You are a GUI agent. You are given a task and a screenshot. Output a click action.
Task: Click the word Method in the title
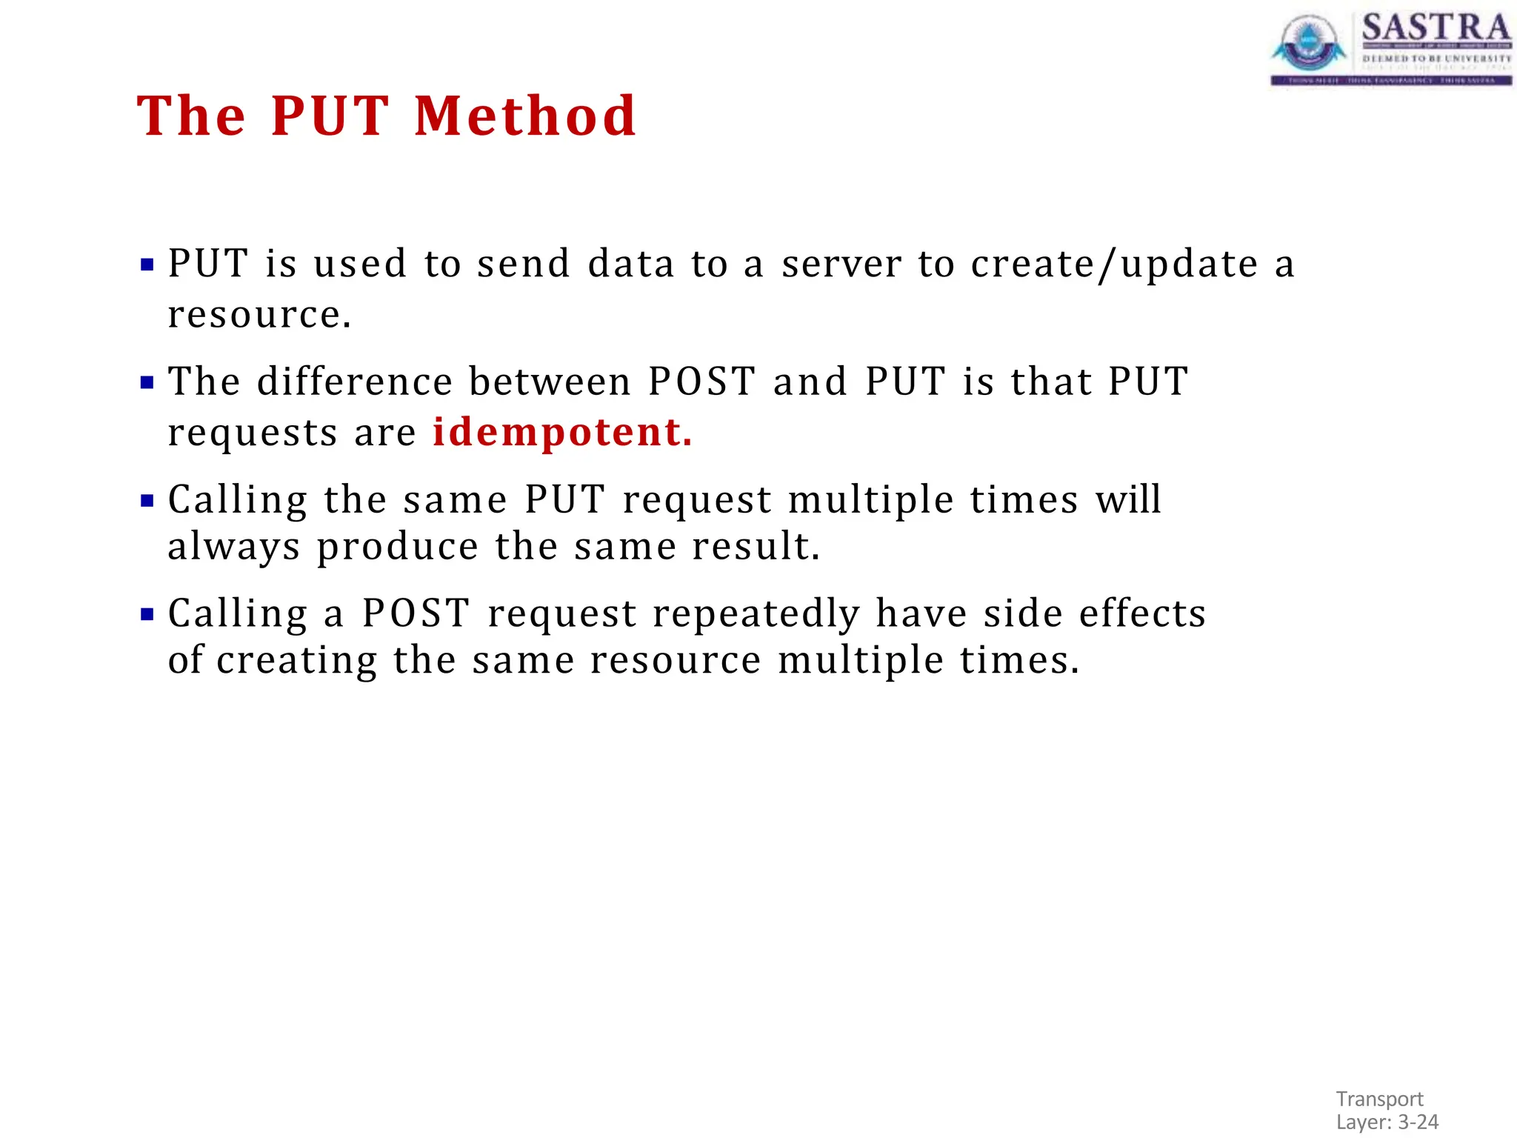pyautogui.click(x=524, y=116)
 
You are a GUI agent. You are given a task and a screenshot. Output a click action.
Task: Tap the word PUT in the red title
pyautogui.click(x=329, y=116)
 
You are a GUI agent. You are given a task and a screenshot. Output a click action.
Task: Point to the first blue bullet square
pyautogui.click(x=147, y=264)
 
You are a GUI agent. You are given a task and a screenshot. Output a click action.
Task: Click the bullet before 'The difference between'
pyautogui.click(x=147, y=383)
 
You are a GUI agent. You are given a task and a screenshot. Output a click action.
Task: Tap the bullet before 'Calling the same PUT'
pyautogui.click(x=147, y=501)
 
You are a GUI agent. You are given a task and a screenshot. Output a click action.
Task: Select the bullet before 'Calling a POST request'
pyautogui.click(x=147, y=614)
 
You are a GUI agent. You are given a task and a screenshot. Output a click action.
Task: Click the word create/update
pyautogui.click(x=1114, y=265)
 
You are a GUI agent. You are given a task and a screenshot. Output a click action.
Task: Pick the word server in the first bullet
pyautogui.click(x=841, y=264)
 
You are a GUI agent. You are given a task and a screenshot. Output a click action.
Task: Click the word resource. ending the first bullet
pyautogui.click(x=259, y=315)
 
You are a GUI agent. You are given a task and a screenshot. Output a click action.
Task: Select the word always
pyautogui.click(x=234, y=548)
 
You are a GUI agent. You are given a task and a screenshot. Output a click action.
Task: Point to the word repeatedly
pyautogui.click(x=756, y=614)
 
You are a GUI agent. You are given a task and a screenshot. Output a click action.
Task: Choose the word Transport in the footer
pyautogui.click(x=1379, y=1099)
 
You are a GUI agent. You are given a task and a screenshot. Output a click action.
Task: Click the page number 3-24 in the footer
pyautogui.click(x=1418, y=1122)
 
